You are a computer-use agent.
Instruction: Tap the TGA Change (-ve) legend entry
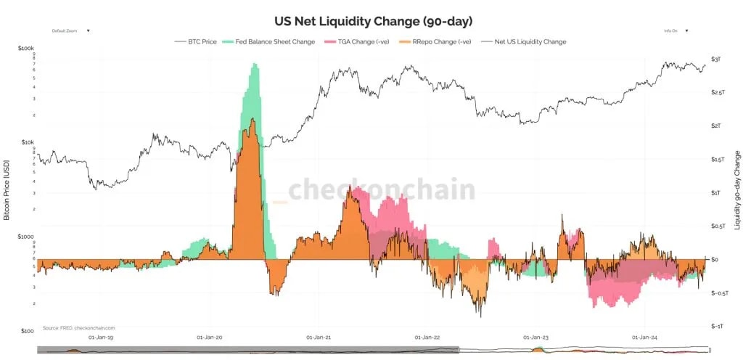(x=364, y=42)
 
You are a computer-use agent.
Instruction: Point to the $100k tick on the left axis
(x=25, y=49)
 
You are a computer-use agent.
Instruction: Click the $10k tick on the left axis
(x=27, y=142)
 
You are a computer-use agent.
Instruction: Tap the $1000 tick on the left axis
(x=26, y=237)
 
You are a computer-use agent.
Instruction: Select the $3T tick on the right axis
(x=715, y=59)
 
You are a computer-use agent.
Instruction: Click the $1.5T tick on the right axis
(x=717, y=159)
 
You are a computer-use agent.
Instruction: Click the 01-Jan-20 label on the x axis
(x=210, y=337)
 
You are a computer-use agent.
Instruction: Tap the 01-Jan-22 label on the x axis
(x=427, y=337)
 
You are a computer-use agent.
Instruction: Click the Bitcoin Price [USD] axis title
(x=7, y=189)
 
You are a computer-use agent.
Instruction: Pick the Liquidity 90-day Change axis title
(x=736, y=190)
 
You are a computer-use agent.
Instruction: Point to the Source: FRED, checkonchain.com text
(x=78, y=328)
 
